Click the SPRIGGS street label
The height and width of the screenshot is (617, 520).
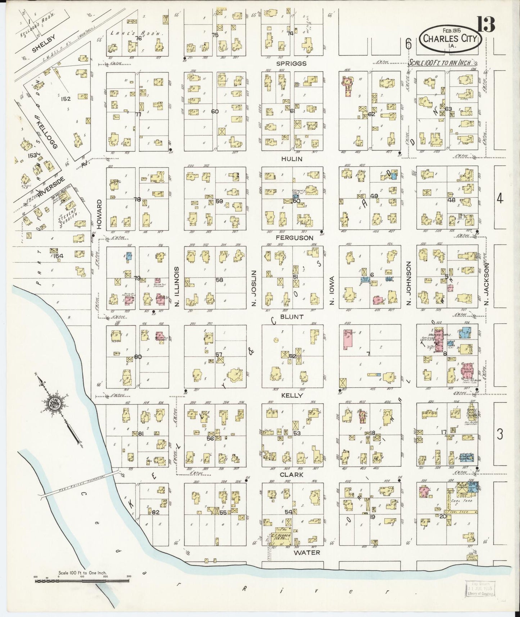(291, 63)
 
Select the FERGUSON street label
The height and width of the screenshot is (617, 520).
(294, 238)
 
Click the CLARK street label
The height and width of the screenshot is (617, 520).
(291, 474)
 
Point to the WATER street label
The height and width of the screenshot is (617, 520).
(307, 552)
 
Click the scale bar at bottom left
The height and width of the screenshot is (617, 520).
(82, 579)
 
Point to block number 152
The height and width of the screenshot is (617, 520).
(66, 99)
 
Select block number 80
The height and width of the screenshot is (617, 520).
(137, 357)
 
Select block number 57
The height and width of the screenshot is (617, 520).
(219, 355)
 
